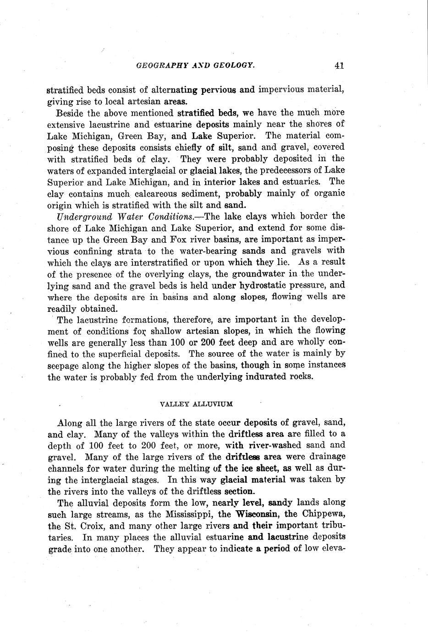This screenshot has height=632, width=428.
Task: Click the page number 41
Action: click(x=339, y=65)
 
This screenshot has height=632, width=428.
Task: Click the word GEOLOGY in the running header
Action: click(x=232, y=65)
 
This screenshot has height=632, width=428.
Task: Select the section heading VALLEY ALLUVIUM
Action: click(x=196, y=404)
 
